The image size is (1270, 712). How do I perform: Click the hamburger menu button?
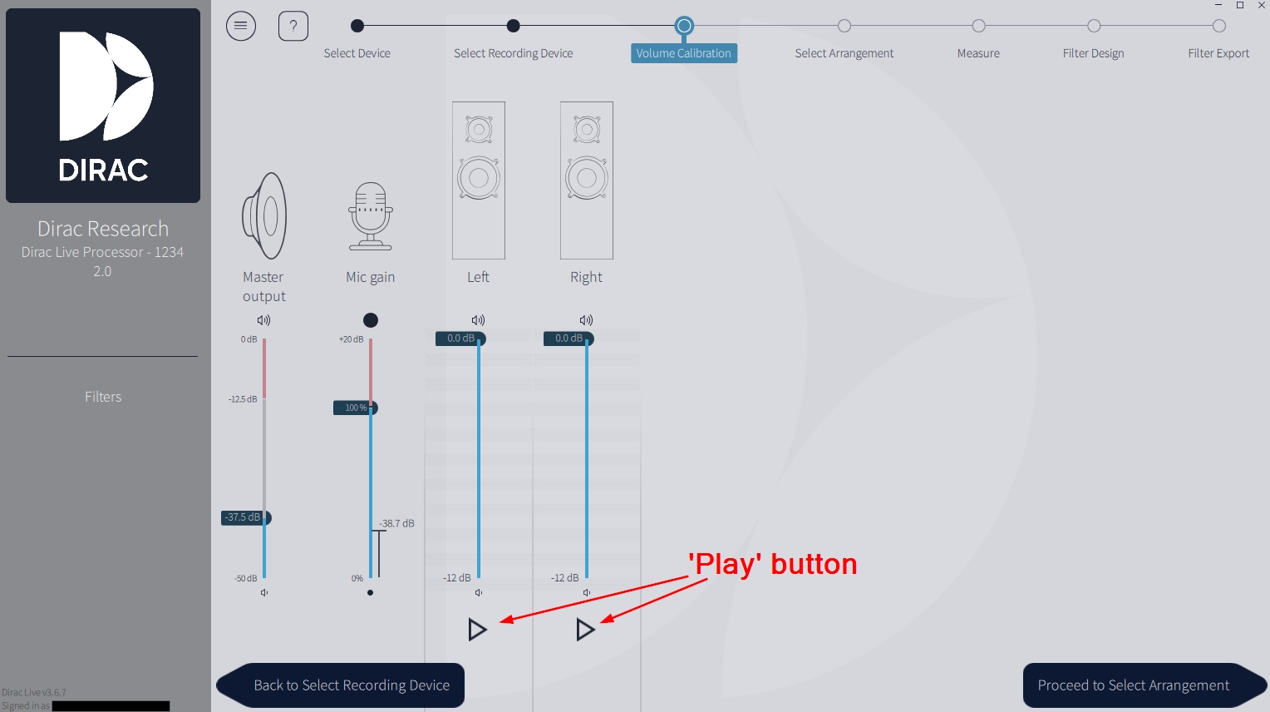coord(241,26)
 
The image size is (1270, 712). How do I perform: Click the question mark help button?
coord(293,26)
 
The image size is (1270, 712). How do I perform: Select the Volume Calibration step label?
coord(683,53)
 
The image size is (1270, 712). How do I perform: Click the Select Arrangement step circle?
coord(844,26)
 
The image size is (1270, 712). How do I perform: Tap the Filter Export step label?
coord(1218,53)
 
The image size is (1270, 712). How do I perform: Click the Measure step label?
coord(978,53)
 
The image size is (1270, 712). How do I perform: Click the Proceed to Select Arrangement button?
coord(1133,685)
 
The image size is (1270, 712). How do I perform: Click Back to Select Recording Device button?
coord(351,685)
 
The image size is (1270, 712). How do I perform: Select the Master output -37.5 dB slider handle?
coord(246,517)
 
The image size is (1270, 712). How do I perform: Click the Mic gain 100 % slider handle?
coord(356,408)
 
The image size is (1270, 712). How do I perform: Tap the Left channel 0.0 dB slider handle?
coord(460,339)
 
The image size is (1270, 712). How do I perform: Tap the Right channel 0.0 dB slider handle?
coord(569,339)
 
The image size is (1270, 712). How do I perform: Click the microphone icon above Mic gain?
coord(370,216)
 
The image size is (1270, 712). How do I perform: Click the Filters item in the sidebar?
coord(103,397)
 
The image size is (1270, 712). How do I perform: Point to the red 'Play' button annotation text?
coord(772,564)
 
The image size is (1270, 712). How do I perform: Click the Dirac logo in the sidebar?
coord(103,106)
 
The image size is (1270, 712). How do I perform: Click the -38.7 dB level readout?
coord(396,523)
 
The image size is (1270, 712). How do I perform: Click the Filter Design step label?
coord(1093,53)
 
